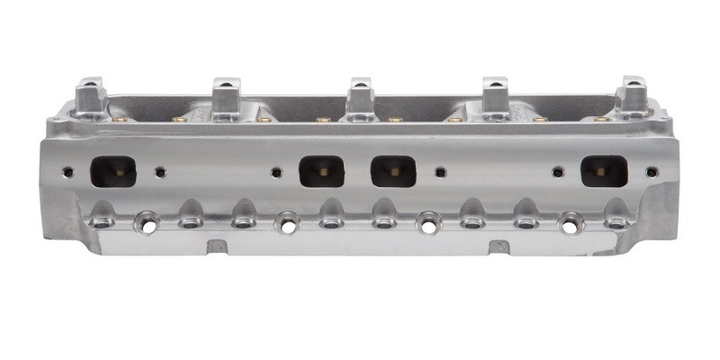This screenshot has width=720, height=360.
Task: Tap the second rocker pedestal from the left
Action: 224,94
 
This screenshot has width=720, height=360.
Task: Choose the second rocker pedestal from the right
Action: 496,94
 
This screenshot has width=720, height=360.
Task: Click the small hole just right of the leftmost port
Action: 160,171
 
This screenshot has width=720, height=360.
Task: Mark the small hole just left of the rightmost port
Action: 558,171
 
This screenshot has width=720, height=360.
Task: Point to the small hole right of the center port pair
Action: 439,171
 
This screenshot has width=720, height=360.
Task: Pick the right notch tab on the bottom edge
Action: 496,245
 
